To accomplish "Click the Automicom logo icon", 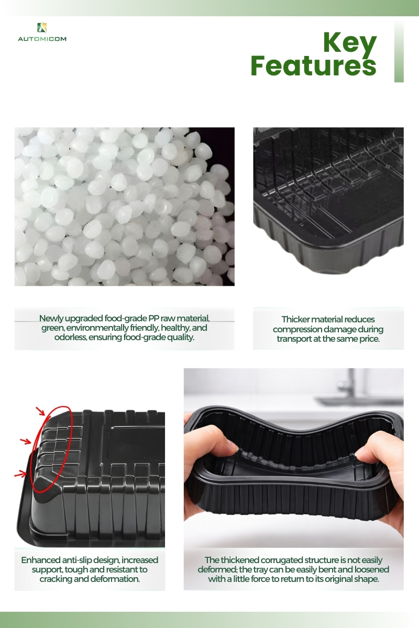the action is coord(42,27).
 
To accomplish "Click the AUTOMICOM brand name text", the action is coord(42,39).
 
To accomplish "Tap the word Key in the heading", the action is coord(350,43).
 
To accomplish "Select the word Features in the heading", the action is coord(313,65).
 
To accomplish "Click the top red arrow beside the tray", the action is coord(40,411).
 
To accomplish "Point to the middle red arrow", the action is coord(26,441).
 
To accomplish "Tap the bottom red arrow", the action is coord(20,474).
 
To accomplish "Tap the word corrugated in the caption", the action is coord(281,560).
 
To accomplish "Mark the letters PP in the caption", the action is coord(154,319).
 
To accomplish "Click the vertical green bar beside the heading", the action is coord(399,52).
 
